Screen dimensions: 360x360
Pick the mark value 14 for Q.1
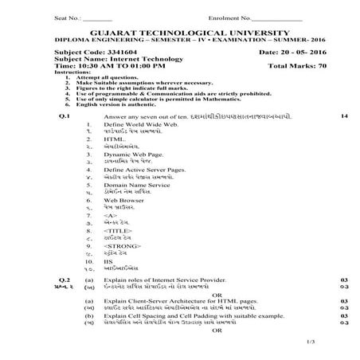click(343, 117)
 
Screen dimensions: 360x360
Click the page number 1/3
click(342, 342)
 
